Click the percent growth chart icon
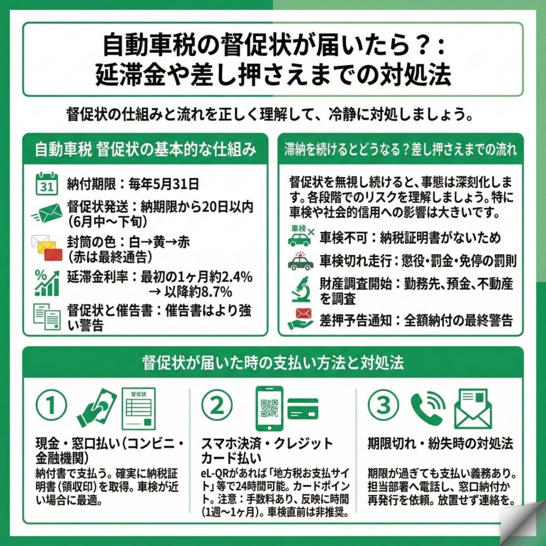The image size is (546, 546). point(47,283)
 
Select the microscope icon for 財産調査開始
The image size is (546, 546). point(300,290)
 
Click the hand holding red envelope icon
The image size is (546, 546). point(300,319)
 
